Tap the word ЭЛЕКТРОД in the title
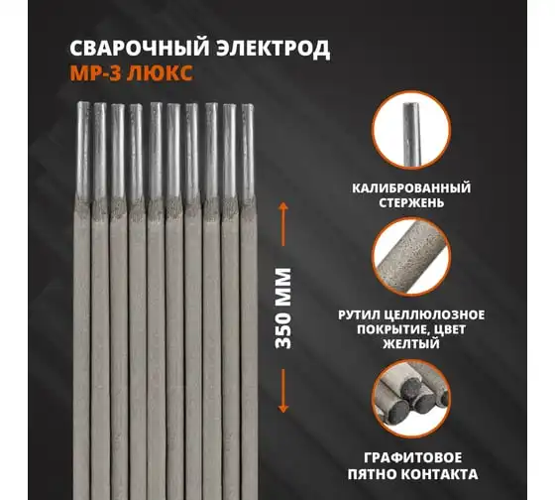274,49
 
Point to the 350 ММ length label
283,309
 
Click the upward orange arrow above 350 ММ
282,224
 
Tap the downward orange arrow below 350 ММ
282,391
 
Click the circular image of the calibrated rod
411,130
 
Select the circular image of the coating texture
411,257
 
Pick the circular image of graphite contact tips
411,399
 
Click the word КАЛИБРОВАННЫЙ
411,188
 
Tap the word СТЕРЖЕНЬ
411,203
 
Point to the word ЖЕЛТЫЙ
411,343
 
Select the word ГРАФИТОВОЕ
412,457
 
